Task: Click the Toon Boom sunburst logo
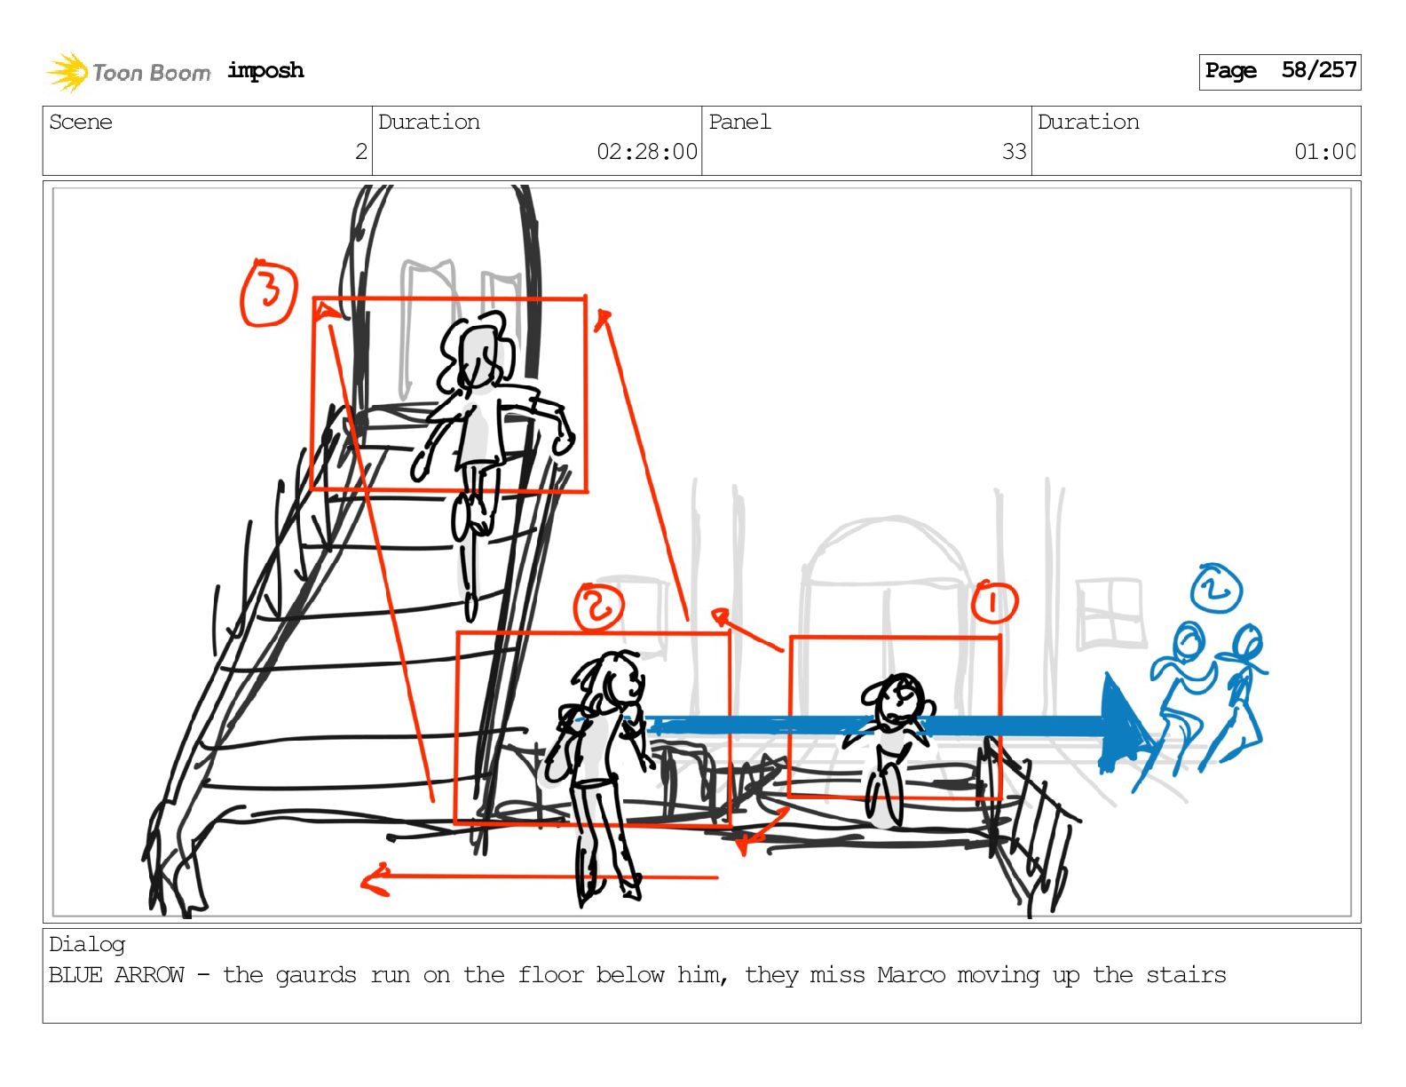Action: [67, 72]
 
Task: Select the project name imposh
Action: [265, 70]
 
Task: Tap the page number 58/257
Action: [1319, 70]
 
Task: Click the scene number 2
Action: [361, 152]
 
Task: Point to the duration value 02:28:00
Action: [647, 152]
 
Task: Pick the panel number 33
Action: [1014, 152]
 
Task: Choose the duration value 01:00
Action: [1324, 152]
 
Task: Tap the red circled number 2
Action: [598, 607]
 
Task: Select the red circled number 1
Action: [994, 602]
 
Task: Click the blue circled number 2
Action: [1216, 589]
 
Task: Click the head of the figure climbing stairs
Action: [478, 353]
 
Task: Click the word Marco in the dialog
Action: [911, 975]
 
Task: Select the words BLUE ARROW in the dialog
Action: [116, 975]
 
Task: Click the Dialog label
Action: [87, 945]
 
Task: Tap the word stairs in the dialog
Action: [1186, 975]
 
